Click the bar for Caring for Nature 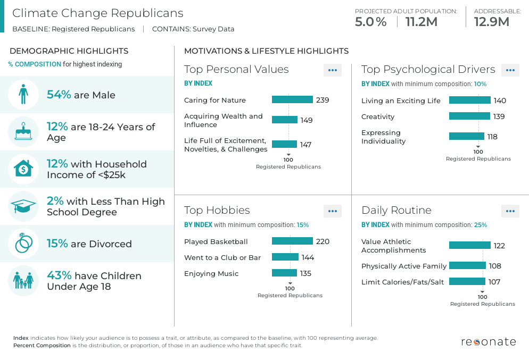coord(292,99)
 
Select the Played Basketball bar coord(292,241)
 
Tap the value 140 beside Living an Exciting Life coord(500,101)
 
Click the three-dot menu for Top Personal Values coord(333,70)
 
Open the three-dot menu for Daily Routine coord(510,211)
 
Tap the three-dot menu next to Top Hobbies coord(333,211)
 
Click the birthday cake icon coord(23,132)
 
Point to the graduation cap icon coord(23,206)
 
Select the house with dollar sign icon coord(23,169)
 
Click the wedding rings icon coord(23,244)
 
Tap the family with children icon coord(23,281)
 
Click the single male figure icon coord(23,95)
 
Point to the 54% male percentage coord(59,95)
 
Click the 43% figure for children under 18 coord(59,275)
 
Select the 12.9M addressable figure coord(491,22)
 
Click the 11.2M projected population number coord(421,22)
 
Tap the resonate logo coord(488,341)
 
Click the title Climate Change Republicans coord(97,13)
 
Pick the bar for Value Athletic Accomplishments coord(469,245)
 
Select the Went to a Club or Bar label coord(222,257)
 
